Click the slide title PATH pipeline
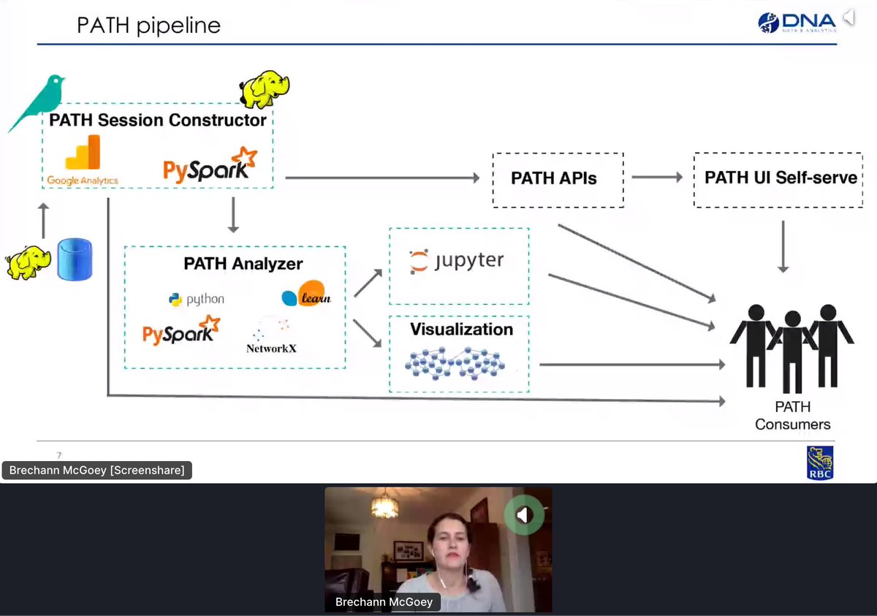[148, 26]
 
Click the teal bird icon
[37, 102]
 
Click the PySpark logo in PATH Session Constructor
[210, 165]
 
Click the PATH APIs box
[558, 178]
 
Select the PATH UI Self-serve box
[780, 178]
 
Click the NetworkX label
[271, 348]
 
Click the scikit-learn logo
[306, 294]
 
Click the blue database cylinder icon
[75, 259]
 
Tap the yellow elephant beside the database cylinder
[29, 263]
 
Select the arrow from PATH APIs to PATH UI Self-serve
[657, 178]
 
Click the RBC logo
[819, 463]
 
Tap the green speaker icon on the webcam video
[523, 516]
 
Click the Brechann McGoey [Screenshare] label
[97, 471]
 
